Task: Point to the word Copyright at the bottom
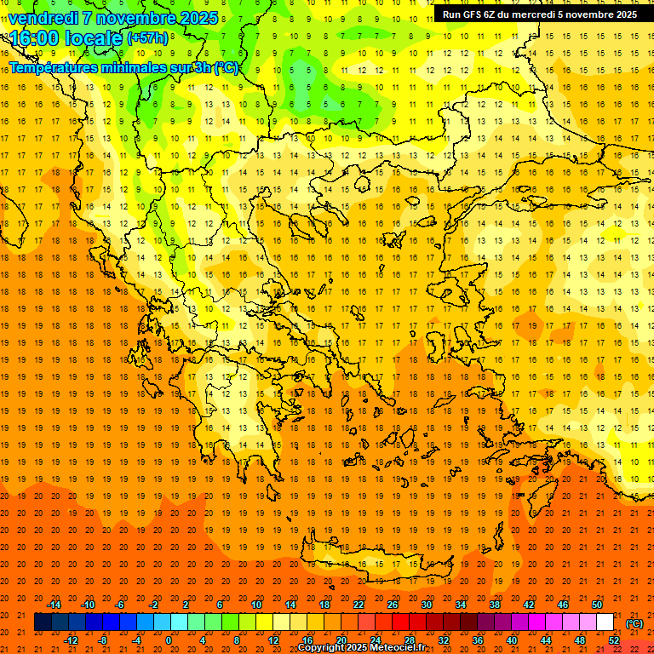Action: pyautogui.click(x=322, y=648)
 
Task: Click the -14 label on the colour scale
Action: pyautogui.click(x=54, y=605)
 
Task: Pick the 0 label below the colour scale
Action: pyautogui.click(x=169, y=640)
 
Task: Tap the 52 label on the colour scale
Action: pyautogui.click(x=614, y=640)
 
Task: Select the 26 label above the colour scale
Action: pyautogui.click(x=393, y=605)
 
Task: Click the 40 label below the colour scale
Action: pyautogui.click(x=512, y=640)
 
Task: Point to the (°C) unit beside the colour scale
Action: pyautogui.click(x=634, y=623)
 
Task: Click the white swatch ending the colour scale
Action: pyautogui.click(x=605, y=622)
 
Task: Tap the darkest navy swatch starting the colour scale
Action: pyautogui.click(x=43, y=622)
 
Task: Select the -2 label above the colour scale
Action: pyautogui.click(x=153, y=605)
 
